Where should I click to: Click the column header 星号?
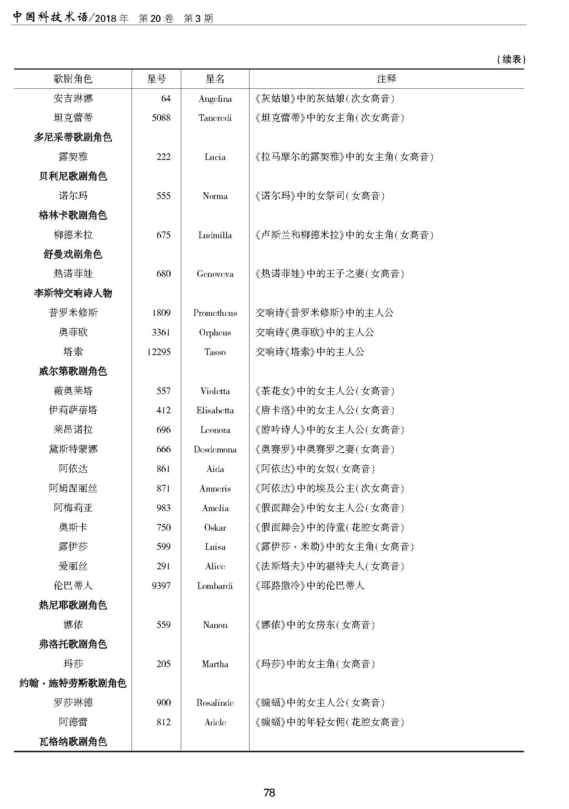point(156,79)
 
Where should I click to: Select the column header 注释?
point(386,79)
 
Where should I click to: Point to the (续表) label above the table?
point(511,59)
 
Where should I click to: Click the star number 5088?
point(161,118)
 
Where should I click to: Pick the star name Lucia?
point(215,157)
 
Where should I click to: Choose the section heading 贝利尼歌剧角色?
point(73,176)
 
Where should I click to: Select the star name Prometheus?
point(215,313)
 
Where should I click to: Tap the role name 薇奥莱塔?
point(73,391)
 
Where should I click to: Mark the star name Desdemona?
point(215,449)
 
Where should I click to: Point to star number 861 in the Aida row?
point(163,469)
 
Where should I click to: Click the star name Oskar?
point(215,527)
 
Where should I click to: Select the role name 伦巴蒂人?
point(73,586)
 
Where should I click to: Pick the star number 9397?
point(161,586)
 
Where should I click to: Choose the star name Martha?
point(215,664)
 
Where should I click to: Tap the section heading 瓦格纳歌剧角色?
point(73,742)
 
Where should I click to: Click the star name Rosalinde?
point(215,703)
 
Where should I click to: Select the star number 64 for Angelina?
point(166,99)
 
